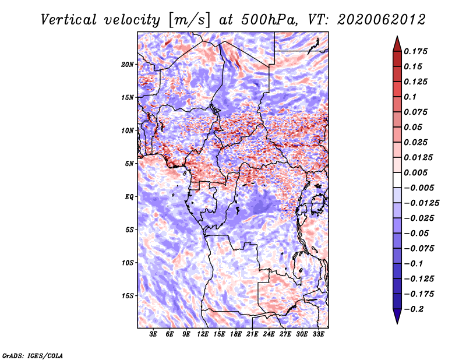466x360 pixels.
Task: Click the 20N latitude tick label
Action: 128,65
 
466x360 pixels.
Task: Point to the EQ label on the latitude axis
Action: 129,197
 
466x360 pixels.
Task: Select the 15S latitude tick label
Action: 128,296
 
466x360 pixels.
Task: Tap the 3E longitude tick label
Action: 153,334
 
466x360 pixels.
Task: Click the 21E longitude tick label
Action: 252,334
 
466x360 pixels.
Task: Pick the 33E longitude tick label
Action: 318,334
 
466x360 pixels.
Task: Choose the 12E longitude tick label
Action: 203,334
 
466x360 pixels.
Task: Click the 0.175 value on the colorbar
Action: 415,51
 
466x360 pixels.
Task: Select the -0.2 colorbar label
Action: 414,309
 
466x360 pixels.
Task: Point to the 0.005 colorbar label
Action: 415,172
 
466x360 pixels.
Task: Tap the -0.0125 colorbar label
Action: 421,203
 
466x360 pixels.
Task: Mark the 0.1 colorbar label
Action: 410,97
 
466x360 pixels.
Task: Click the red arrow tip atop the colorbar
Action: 397,37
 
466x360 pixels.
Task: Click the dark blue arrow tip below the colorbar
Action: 397,323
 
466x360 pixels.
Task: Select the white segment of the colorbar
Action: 397,180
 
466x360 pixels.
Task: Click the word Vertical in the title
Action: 69,20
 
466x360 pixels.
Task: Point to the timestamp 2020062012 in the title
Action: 381,20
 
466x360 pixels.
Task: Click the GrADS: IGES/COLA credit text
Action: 33,355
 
